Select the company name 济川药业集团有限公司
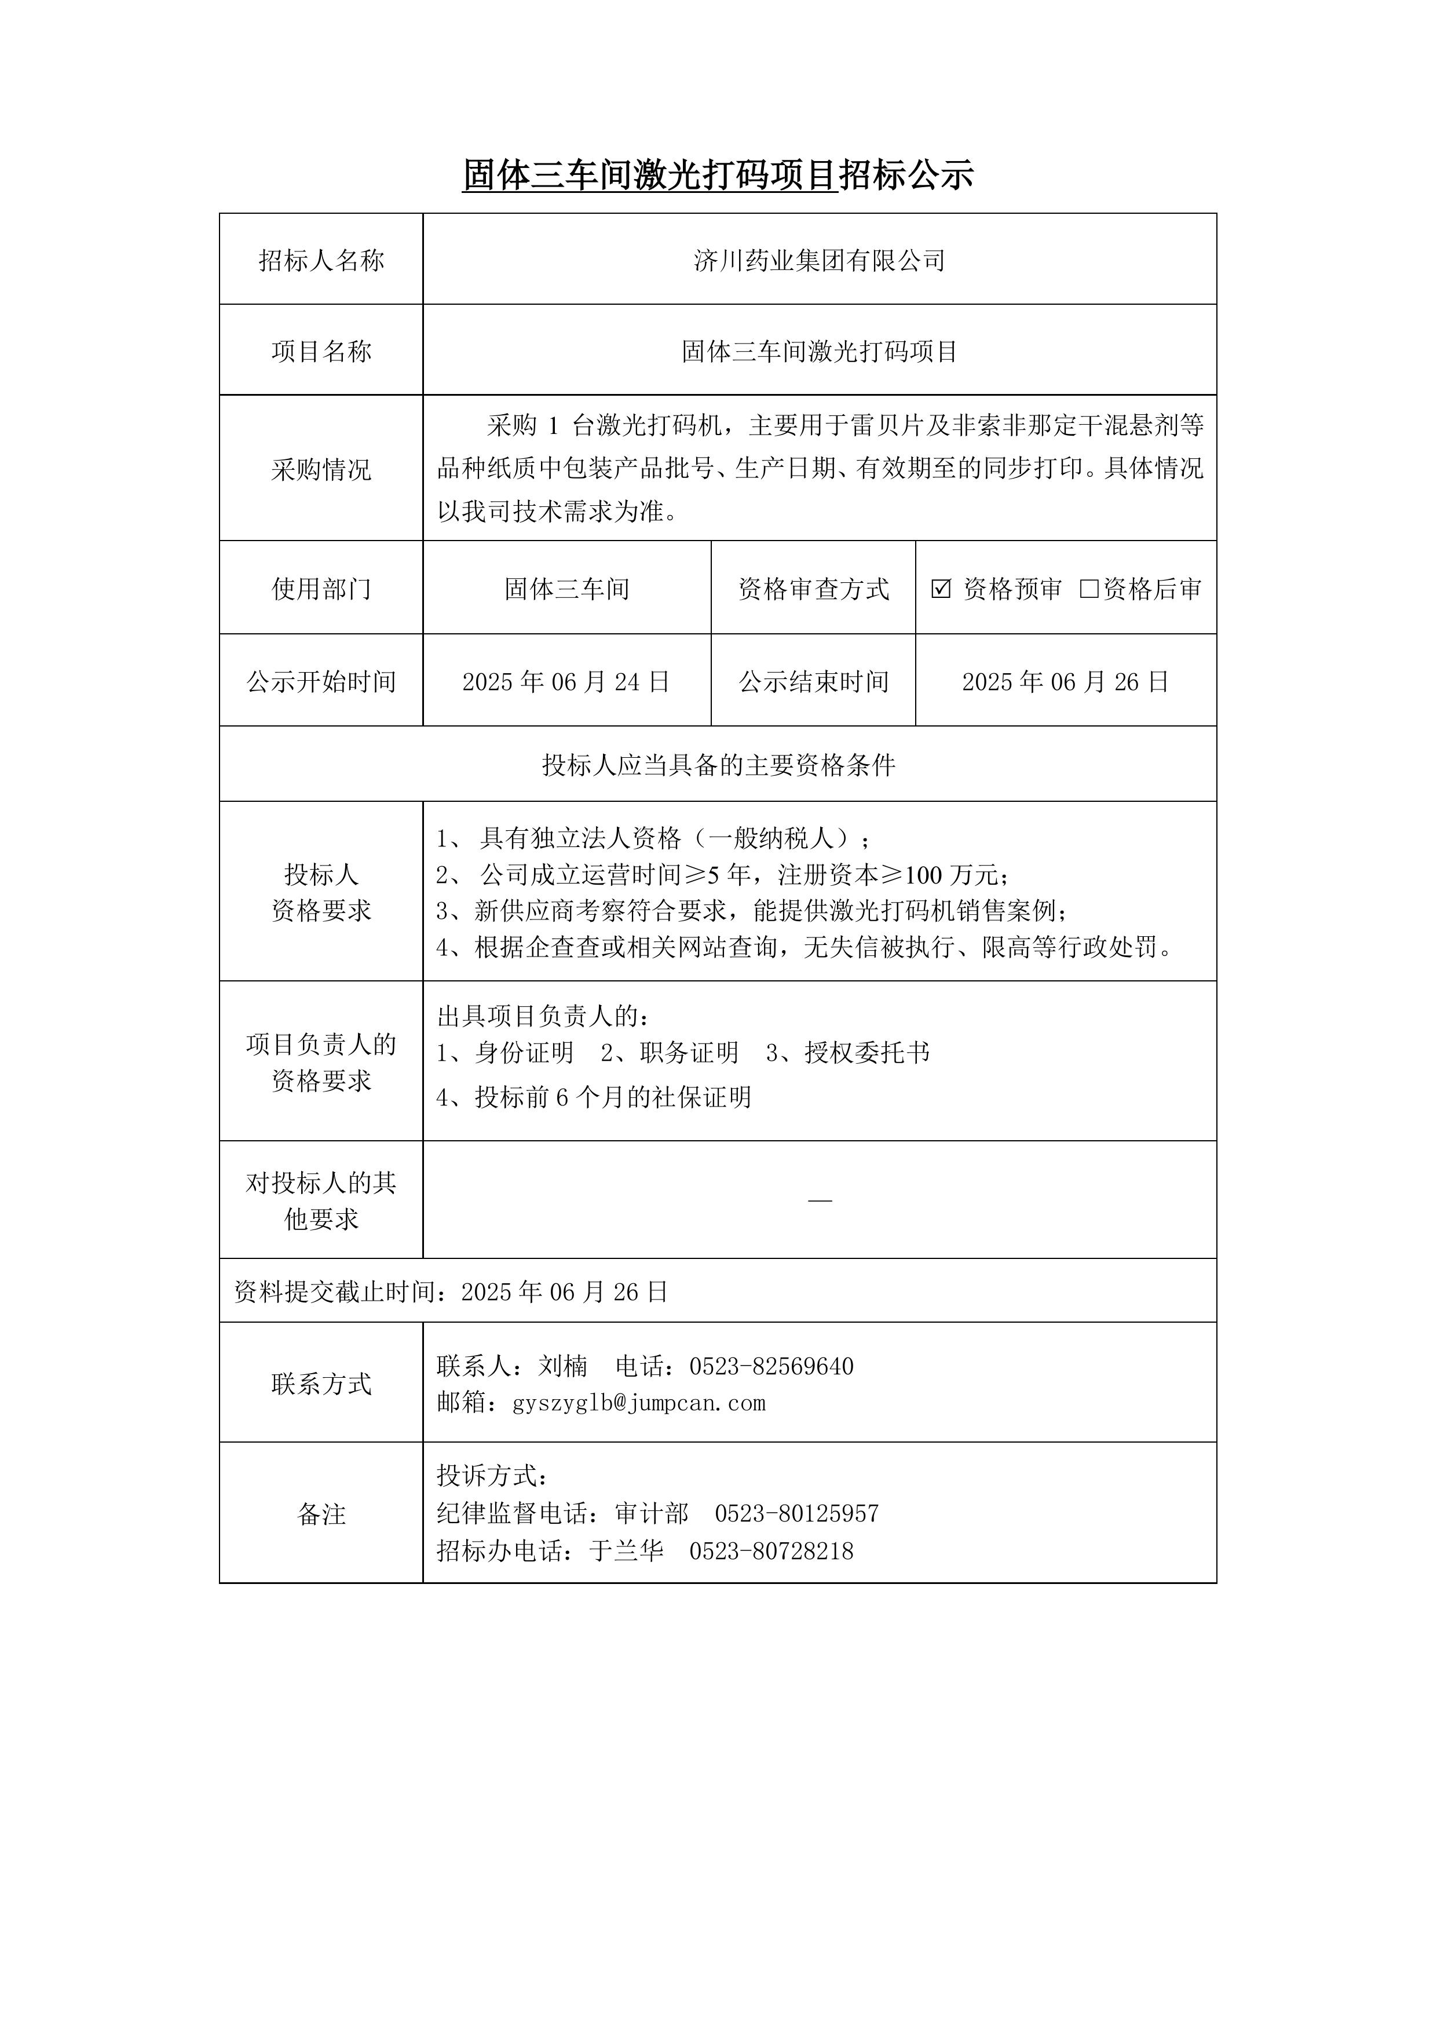click(x=819, y=260)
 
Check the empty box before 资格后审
click(x=1088, y=589)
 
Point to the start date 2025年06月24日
click(x=566, y=682)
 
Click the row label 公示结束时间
click(x=813, y=682)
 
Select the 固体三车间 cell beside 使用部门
click(x=566, y=589)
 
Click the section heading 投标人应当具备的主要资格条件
click(x=718, y=765)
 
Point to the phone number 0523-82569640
click(x=771, y=1366)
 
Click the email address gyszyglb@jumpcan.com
click(x=638, y=1403)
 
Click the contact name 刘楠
click(x=562, y=1366)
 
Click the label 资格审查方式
click(x=813, y=589)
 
